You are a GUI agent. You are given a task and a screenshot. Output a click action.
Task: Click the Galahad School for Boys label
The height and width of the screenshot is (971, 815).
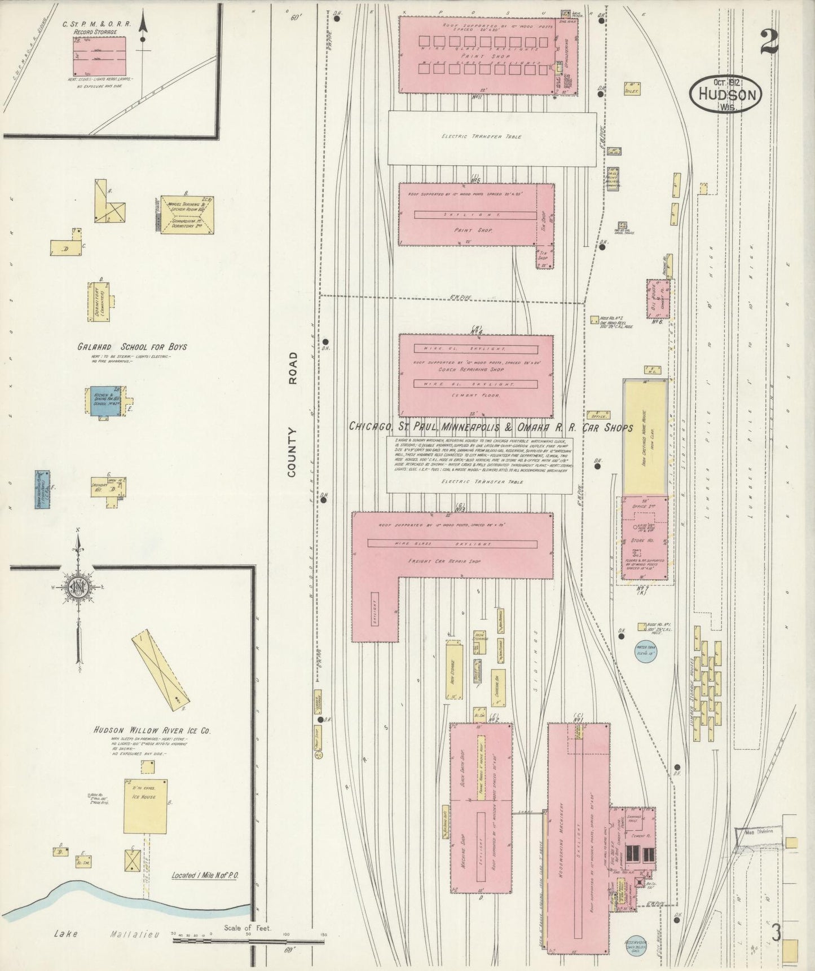pos(133,347)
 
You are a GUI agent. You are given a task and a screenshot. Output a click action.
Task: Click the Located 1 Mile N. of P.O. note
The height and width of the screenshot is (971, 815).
pos(205,891)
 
